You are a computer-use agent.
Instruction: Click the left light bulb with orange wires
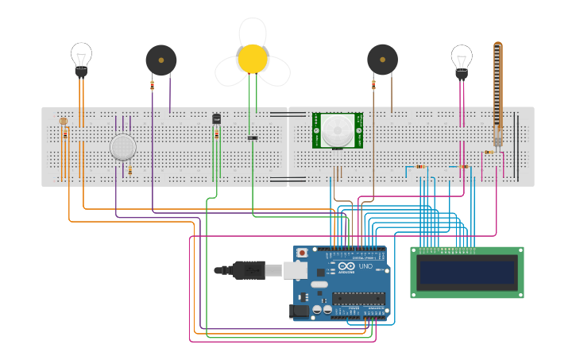[81, 57]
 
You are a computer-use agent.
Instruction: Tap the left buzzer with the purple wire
[160, 60]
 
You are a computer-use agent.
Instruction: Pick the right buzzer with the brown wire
[382, 60]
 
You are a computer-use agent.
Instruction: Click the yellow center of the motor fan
[253, 58]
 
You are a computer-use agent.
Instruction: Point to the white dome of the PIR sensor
[338, 130]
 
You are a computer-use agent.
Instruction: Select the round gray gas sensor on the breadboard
[122, 147]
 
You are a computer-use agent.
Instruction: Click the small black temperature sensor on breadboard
[216, 119]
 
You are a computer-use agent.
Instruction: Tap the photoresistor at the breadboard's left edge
[64, 122]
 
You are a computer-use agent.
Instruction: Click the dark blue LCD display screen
[467, 273]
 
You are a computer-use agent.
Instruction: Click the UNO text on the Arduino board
[365, 266]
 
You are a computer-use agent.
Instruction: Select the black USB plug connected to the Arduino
[249, 270]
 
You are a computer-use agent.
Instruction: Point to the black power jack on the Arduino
[300, 312]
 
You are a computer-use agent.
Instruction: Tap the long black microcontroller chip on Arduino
[358, 299]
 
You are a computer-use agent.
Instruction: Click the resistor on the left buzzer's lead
[152, 85]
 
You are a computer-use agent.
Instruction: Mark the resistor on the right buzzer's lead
[373, 84]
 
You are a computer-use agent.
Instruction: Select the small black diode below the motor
[252, 138]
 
